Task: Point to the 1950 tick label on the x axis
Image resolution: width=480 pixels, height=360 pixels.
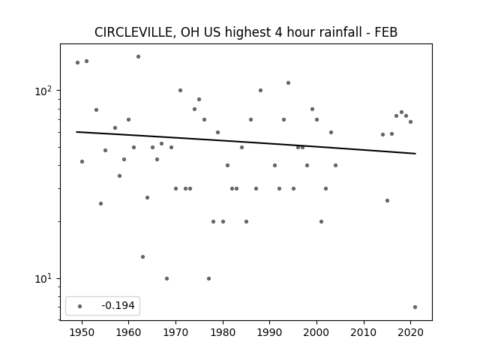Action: tap(82, 332)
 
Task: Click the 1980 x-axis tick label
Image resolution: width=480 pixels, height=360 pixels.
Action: tap(223, 332)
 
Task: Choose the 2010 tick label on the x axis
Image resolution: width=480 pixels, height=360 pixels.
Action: tap(364, 332)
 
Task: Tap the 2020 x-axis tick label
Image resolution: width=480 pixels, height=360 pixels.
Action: tap(411, 332)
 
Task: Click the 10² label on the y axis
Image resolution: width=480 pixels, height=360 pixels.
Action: tap(45, 91)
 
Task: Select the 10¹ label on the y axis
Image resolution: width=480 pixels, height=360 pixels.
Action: tap(45, 279)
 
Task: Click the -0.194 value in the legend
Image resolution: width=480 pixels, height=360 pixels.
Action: tap(118, 305)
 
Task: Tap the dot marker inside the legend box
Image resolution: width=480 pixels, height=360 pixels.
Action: tap(80, 306)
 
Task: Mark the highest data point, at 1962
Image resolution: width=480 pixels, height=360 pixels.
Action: tap(138, 57)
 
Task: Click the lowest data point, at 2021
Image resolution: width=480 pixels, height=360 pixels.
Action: tap(415, 307)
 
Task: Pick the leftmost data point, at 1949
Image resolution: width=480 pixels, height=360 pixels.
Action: tap(77, 63)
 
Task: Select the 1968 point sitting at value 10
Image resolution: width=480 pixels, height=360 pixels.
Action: tap(166, 278)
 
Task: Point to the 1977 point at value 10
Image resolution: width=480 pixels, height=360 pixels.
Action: tap(208, 278)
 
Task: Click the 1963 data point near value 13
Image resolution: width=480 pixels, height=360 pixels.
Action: tap(143, 256)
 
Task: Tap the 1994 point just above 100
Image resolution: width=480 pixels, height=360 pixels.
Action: tap(288, 83)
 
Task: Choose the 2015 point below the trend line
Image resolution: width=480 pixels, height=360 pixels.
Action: tap(387, 200)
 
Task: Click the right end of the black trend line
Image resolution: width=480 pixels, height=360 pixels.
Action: tap(415, 153)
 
